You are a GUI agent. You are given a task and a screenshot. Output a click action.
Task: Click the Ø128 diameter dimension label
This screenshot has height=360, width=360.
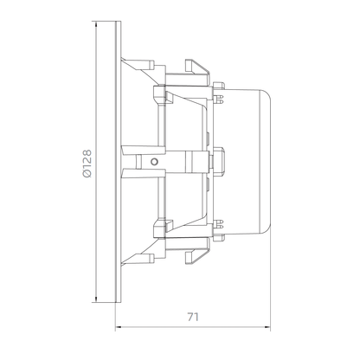(87, 164)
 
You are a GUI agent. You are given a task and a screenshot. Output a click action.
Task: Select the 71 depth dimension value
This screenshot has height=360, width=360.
(193, 317)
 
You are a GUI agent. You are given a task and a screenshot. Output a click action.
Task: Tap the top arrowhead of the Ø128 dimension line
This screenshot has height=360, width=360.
(96, 23)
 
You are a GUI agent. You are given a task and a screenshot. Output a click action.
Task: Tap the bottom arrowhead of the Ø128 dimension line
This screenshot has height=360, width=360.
(96, 299)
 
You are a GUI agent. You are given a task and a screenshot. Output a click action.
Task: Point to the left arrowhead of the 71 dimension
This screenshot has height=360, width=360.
(119, 327)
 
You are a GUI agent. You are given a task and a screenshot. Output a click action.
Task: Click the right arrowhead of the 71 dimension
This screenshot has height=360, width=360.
(267, 327)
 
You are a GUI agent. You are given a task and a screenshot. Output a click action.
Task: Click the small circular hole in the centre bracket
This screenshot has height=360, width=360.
(155, 162)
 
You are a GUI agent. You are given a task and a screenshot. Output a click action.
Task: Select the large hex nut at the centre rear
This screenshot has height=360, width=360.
(219, 162)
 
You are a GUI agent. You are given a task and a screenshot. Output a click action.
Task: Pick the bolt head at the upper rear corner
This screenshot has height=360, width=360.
(219, 85)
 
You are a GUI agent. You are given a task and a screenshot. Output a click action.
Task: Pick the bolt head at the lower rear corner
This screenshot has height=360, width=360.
(219, 238)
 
